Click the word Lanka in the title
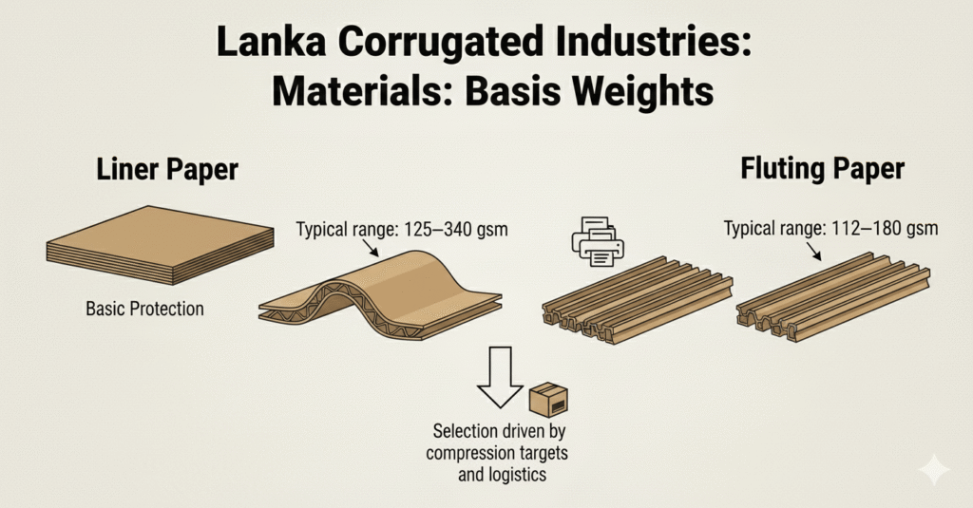click(272, 43)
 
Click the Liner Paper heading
click(167, 169)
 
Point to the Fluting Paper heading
click(822, 168)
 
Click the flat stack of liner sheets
click(160, 244)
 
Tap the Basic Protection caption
click(144, 309)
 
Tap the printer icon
click(598, 242)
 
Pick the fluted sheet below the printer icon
click(638, 300)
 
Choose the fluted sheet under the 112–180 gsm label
click(832, 296)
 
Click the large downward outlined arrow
click(500, 378)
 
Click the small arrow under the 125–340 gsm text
click(371, 248)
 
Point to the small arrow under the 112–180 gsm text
click(813, 251)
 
